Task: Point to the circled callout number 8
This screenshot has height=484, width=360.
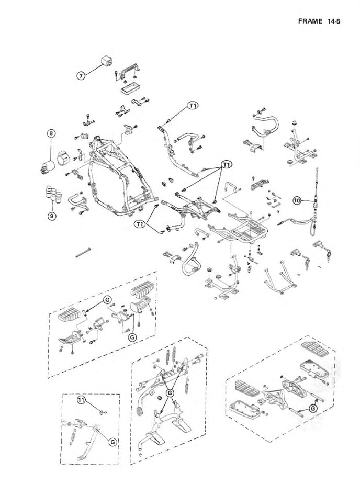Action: pos(51,133)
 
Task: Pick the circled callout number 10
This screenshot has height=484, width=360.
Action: pos(297,200)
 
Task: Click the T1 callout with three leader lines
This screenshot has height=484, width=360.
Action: pos(226,164)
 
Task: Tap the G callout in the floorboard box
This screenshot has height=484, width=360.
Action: pos(312,408)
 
